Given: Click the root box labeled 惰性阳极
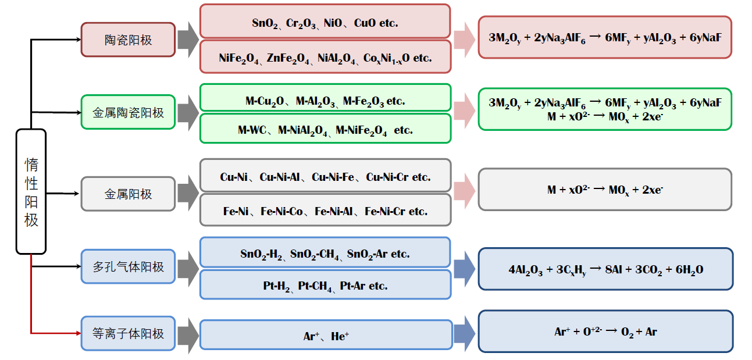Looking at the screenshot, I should tap(31, 191).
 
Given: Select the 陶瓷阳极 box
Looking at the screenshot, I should tap(128, 40).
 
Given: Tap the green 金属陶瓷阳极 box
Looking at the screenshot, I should tap(128, 113).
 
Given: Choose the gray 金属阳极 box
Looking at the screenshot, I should tap(128, 194).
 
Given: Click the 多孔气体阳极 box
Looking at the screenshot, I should tap(128, 267).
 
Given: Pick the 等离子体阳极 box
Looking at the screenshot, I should tap(128, 334).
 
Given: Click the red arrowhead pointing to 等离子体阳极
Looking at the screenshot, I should tap(77, 333).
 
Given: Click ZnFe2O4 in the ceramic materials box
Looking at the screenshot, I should tap(290, 58).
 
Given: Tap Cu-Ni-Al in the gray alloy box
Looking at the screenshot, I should tap(283, 177).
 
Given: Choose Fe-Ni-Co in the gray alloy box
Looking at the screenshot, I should tap(281, 212).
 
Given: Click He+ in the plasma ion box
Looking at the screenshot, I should tap(340, 336).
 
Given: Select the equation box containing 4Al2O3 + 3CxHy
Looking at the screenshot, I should tap(605, 269).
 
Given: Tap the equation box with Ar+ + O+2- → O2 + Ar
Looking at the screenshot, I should tap(605, 332).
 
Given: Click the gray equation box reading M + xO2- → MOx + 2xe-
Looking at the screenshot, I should tap(605, 190).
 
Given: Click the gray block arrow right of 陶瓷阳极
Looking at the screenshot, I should tap(187, 40).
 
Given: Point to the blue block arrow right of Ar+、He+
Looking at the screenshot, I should tap(464, 334).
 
